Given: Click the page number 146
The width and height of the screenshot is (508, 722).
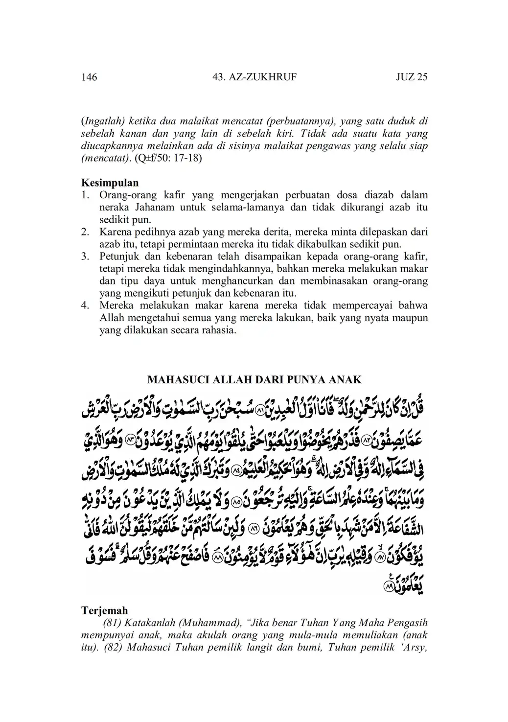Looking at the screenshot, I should click(89, 77).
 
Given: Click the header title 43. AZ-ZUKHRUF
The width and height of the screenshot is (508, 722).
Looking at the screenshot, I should click(255, 77).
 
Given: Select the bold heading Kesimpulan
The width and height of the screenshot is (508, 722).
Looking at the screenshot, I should click(110, 183).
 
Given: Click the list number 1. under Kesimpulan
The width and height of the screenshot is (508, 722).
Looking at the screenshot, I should click(85, 195).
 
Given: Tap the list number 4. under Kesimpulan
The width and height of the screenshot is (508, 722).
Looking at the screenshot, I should click(85, 306).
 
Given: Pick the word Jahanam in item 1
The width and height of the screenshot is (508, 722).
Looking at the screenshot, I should click(151, 208).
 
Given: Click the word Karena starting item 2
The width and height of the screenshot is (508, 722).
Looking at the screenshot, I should click(114, 232).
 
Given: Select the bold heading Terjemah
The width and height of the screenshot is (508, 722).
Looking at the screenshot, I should click(104, 610).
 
